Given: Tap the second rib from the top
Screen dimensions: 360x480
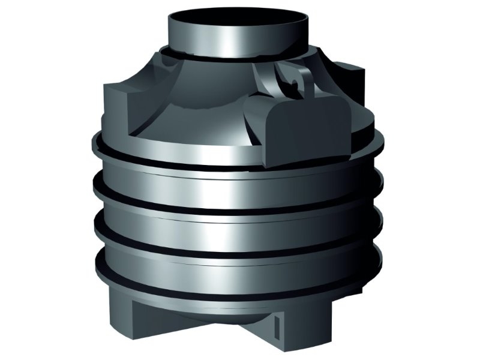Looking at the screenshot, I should (240, 198).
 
